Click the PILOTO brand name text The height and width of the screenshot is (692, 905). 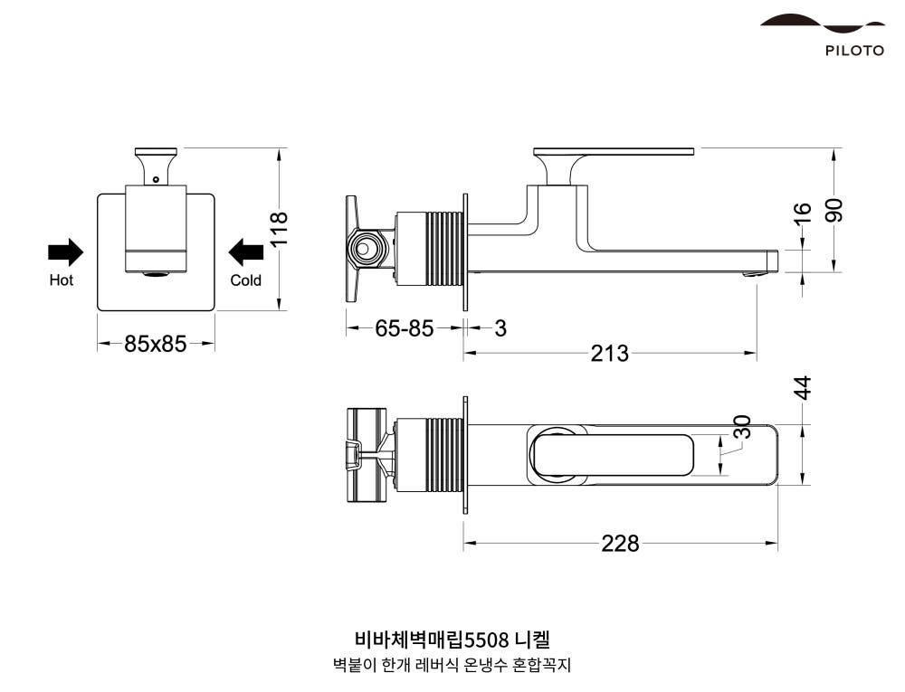853,51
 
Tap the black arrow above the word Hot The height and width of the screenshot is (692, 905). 65,252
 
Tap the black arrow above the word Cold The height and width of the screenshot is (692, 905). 245,252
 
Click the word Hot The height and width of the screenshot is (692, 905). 62,280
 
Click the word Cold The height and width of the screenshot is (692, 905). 245,280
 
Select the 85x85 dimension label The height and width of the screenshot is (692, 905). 156,344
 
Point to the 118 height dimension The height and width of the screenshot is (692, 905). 279,229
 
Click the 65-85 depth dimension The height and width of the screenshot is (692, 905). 405,328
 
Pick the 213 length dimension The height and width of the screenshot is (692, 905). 609,354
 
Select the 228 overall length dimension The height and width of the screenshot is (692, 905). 620,544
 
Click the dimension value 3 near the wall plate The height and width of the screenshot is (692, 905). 500,328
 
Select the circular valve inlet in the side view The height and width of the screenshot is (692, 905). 366,248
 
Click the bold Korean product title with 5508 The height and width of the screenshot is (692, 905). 452,641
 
